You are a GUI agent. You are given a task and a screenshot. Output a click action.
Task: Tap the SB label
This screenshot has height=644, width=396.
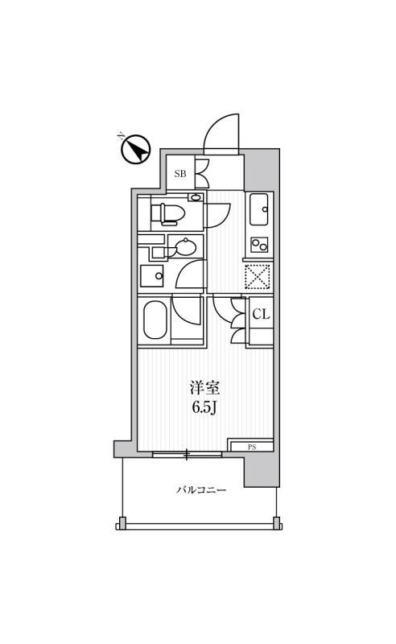point(180,174)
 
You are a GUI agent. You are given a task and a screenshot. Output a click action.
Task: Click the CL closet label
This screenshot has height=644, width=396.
point(261,314)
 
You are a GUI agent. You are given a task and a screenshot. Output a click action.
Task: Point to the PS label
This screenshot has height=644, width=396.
point(252,448)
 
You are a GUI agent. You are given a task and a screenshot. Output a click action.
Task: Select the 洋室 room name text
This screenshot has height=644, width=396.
point(204,387)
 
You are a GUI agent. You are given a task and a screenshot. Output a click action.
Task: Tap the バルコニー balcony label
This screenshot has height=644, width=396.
point(201,490)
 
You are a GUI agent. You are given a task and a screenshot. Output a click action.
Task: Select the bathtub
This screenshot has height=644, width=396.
point(155,320)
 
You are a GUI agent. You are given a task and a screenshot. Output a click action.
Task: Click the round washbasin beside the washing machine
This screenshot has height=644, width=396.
point(186,248)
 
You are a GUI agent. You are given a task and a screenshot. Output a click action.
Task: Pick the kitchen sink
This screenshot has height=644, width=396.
point(259,209)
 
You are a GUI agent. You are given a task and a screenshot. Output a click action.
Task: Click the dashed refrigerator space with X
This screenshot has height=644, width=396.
point(258,276)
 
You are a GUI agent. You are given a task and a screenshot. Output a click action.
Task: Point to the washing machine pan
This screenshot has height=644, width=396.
point(152,275)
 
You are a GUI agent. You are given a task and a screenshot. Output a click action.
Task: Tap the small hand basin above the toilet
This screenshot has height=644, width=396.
point(196,197)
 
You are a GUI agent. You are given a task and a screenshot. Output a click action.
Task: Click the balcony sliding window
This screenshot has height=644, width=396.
point(187,454)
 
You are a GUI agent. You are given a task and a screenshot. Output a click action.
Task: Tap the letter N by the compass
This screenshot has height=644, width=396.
point(121,136)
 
